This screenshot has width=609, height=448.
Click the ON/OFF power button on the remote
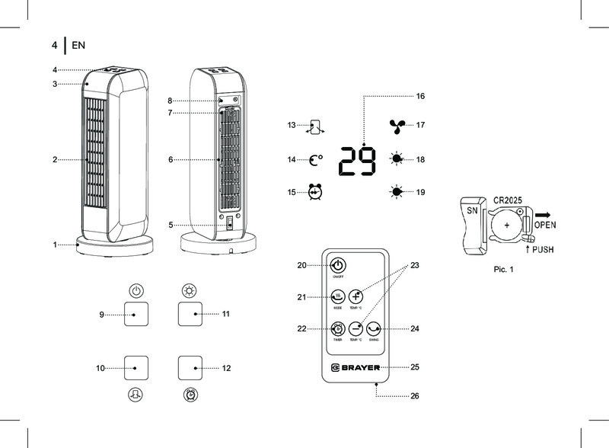click(x=337, y=266)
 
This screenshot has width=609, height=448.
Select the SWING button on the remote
click(x=373, y=329)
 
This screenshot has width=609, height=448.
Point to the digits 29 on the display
click(x=356, y=161)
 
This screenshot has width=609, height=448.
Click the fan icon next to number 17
click(x=397, y=126)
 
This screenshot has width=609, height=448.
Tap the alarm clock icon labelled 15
click(x=315, y=193)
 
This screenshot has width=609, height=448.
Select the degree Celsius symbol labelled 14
click(x=316, y=160)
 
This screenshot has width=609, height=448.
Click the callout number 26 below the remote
click(x=414, y=396)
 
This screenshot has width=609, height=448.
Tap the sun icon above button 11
click(x=190, y=290)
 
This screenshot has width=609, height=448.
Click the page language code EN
click(x=78, y=46)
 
